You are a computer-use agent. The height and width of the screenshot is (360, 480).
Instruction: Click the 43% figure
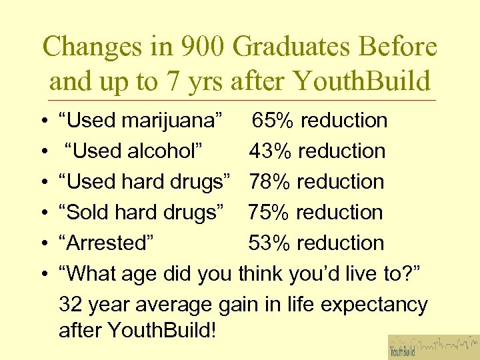pos(271,151)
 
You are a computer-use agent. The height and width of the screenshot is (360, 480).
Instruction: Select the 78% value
pos(271,182)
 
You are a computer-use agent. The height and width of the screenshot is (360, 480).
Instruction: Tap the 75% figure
pos(269,213)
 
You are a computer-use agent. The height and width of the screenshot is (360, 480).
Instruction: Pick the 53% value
pos(269,243)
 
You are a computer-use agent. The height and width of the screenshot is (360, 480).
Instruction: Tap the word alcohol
pos(161,151)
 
